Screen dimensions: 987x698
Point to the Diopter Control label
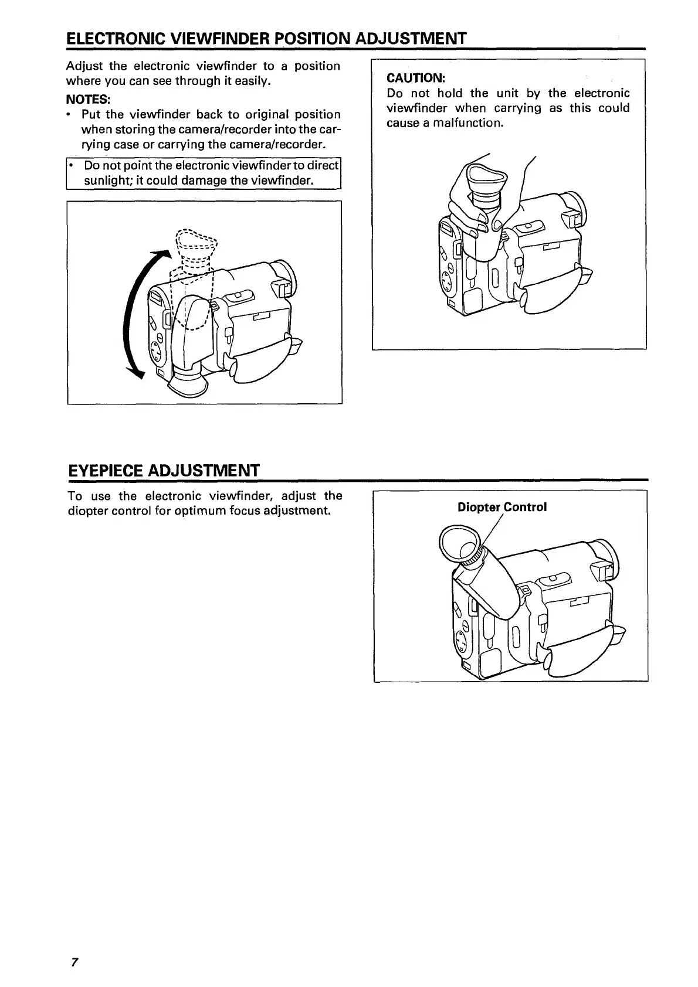click(x=502, y=507)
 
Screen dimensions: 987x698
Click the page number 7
click(x=74, y=962)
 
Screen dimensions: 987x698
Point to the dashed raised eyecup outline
click(x=196, y=240)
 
